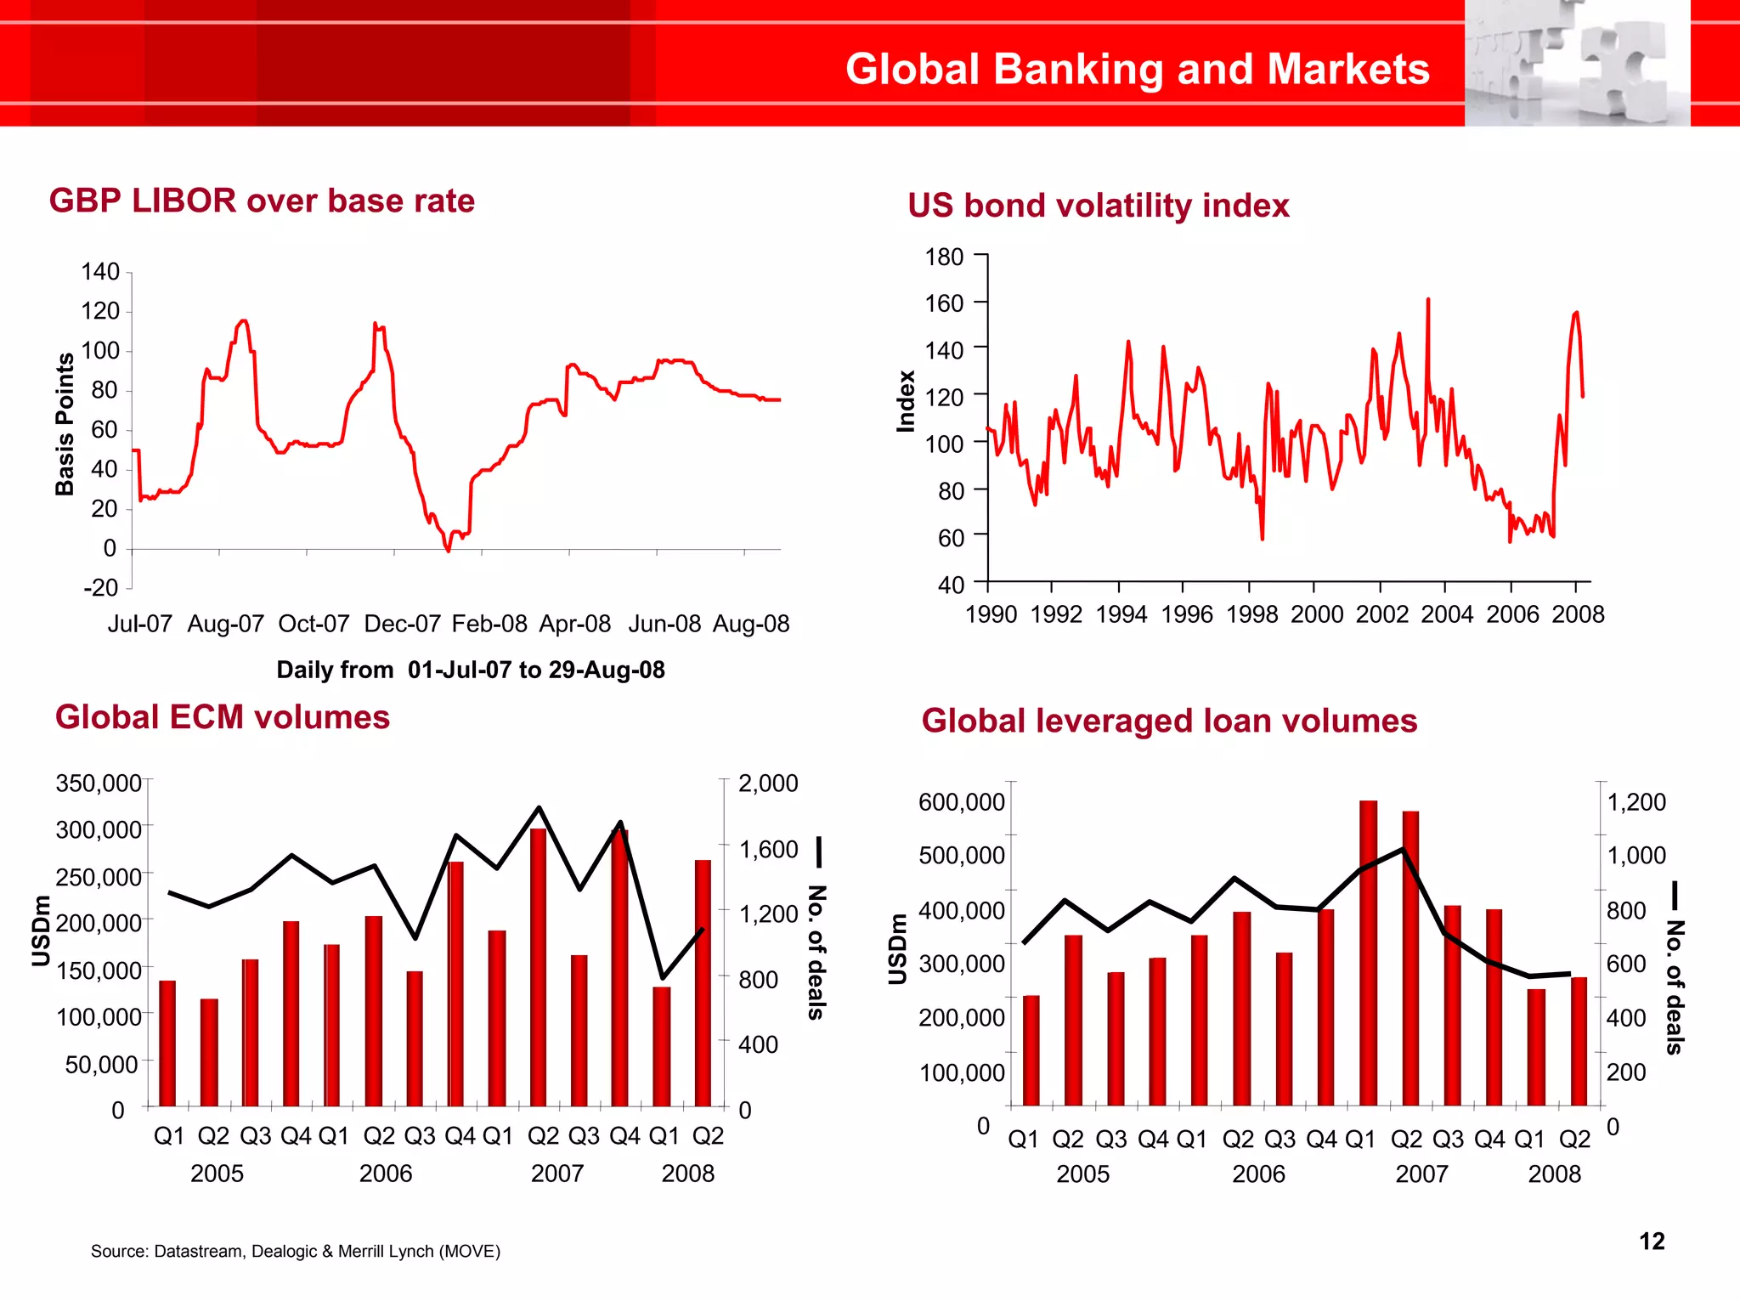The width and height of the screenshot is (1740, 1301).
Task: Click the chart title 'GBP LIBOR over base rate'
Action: click(x=262, y=201)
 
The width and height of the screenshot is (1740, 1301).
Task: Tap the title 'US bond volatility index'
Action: click(x=1098, y=206)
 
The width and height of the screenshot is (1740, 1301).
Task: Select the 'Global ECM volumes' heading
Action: click(x=223, y=717)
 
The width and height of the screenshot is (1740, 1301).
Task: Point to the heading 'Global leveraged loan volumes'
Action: click(x=1169, y=721)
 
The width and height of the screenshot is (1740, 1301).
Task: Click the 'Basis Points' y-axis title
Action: click(x=65, y=424)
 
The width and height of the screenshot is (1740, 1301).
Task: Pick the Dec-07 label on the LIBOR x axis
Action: click(x=402, y=624)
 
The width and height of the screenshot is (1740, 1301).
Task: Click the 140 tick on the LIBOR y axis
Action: click(x=100, y=272)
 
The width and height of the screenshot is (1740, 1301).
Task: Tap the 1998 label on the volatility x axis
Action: click(x=1251, y=614)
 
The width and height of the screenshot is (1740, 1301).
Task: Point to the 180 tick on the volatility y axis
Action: click(x=944, y=257)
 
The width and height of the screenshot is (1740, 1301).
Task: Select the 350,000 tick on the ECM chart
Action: click(x=99, y=783)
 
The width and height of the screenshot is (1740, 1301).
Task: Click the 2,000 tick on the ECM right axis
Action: click(x=768, y=783)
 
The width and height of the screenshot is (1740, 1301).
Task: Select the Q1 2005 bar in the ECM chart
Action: click(x=167, y=1044)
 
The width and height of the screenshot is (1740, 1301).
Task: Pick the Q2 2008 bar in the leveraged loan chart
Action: click(x=1579, y=1041)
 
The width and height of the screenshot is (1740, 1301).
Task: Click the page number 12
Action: click(x=1652, y=1242)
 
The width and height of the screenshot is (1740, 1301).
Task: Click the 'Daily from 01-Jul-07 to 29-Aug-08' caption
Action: click(x=471, y=670)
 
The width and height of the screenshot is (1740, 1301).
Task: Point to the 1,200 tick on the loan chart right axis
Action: click(x=1636, y=802)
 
